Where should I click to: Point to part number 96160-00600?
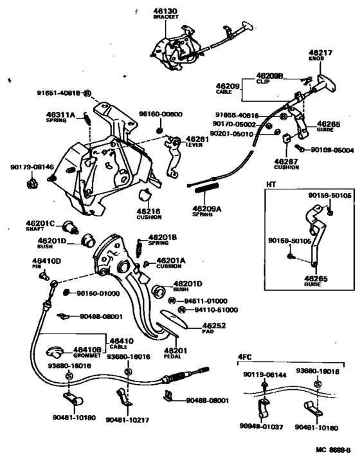tap(160, 115)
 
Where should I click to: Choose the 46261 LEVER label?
tap(197, 142)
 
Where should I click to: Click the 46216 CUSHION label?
tap(148, 214)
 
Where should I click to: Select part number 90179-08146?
tap(31, 166)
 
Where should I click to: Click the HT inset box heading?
tap(272, 184)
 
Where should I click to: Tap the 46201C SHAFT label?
tap(48, 227)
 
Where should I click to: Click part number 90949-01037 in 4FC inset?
tap(262, 425)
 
